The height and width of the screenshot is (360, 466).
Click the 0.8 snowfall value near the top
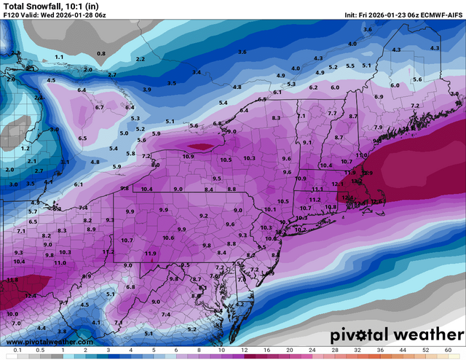pyautogui.click(x=101, y=54)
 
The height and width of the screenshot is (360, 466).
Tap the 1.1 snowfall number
pyautogui.click(x=59, y=57)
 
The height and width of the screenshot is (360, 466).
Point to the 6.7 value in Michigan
pyautogui.click(x=100, y=107)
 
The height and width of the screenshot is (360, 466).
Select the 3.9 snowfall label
pyautogui.click(x=146, y=90)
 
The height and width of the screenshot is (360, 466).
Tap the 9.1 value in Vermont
pyautogui.click(x=307, y=143)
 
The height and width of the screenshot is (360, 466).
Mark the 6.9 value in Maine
pyautogui.click(x=379, y=97)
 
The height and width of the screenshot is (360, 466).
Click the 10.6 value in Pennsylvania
pyautogui.click(x=168, y=238)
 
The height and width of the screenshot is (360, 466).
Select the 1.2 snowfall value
pyautogui.click(x=25, y=148)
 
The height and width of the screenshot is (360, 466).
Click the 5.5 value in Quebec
pyautogui.click(x=350, y=66)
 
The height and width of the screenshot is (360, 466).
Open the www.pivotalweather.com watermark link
pyautogui.click(x=50, y=342)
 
